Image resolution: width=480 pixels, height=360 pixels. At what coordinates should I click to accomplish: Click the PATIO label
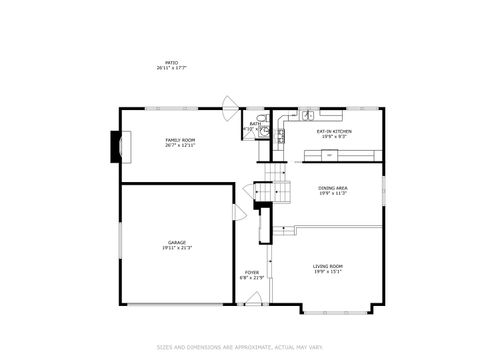(x=172, y=62)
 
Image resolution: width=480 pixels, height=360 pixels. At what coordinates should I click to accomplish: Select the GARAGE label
(x=176, y=243)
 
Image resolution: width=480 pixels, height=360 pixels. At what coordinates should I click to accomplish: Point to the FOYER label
(x=252, y=271)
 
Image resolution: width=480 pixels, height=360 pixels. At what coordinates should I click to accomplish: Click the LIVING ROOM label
(x=328, y=265)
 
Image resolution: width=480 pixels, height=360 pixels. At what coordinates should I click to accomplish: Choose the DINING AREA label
(x=332, y=188)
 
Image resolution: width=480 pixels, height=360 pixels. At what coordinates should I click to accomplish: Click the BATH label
(x=254, y=124)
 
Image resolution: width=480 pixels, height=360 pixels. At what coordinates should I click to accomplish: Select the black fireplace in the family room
(x=114, y=149)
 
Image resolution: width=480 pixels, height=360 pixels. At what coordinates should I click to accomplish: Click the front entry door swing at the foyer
(x=254, y=297)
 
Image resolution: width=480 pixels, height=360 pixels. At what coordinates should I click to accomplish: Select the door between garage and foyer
(x=238, y=213)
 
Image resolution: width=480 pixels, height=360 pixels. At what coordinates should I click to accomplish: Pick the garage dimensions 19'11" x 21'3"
(x=176, y=249)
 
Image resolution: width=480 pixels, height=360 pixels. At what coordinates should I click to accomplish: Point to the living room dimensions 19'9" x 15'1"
(x=328, y=271)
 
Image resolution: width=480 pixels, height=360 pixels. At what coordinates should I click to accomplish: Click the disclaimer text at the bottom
(x=240, y=347)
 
